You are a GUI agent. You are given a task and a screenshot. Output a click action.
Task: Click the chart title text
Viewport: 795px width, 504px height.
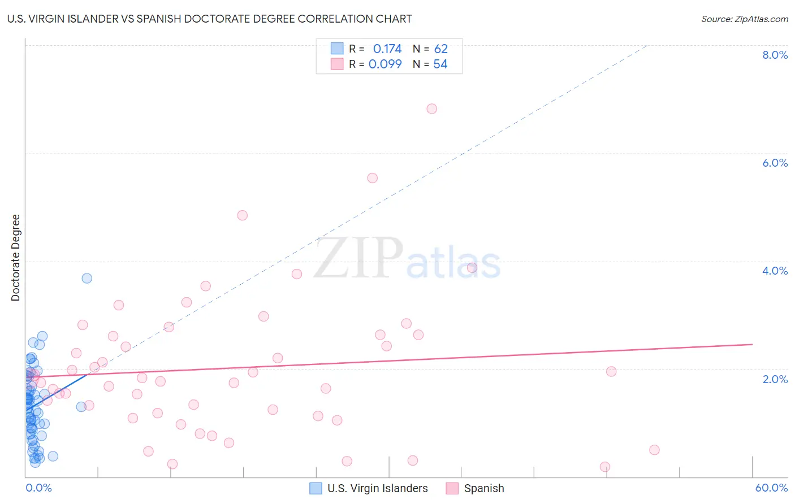point(209,19)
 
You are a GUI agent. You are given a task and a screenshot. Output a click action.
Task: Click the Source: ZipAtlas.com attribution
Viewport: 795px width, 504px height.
point(744,19)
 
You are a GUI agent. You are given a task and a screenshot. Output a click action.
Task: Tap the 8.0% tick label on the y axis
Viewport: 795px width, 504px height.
point(775,55)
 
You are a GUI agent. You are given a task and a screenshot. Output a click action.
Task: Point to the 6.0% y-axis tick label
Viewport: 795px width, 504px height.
point(775,163)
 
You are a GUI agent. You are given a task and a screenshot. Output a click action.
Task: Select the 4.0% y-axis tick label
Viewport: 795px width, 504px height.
point(775,271)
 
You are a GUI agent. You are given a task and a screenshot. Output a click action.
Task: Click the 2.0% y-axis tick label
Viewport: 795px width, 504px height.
point(775,379)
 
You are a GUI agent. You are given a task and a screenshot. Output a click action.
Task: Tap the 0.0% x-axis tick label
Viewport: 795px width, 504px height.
point(38,488)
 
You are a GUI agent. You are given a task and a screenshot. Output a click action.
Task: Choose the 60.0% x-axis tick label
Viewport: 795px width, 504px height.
point(771,488)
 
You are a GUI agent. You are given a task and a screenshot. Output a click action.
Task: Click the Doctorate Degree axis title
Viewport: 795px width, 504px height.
point(16,258)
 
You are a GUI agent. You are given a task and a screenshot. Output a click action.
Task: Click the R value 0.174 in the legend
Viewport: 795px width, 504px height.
point(387,49)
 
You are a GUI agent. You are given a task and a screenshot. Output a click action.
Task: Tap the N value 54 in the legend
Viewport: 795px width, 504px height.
point(440,64)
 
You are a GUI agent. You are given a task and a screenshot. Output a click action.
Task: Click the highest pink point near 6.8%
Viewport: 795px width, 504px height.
point(432,108)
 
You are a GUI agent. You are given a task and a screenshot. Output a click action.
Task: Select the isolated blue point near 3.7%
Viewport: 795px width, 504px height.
point(87,278)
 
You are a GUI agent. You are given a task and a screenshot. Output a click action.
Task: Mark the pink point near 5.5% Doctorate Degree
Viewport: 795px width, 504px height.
point(372,178)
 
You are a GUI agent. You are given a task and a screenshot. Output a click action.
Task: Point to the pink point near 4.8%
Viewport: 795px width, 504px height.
point(243,215)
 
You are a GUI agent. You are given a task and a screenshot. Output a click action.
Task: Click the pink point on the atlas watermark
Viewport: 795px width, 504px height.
point(472,268)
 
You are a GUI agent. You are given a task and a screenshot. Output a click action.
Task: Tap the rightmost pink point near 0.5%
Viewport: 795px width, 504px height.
point(654,450)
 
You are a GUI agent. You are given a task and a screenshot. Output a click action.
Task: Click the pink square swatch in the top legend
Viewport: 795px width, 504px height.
point(337,64)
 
